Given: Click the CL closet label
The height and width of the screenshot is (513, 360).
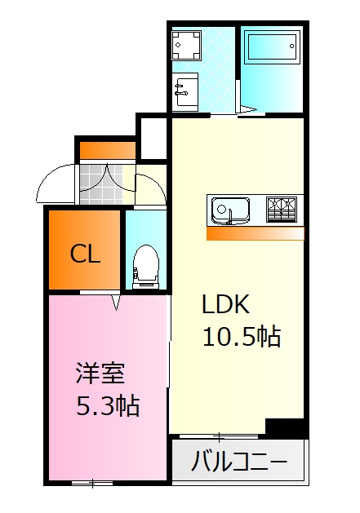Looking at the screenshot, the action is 85,254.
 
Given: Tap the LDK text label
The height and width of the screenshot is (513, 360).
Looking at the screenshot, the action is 225,304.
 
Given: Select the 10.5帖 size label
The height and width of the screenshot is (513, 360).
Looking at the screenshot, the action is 242,336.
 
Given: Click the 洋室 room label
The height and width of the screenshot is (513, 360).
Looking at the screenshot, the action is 100,373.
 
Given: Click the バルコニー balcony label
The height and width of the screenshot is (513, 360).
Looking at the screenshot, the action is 239,462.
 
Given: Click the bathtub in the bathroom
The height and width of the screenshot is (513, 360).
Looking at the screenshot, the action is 272,46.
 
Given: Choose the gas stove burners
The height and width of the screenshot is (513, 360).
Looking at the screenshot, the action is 282,210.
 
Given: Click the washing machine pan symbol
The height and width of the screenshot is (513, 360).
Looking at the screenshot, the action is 186,45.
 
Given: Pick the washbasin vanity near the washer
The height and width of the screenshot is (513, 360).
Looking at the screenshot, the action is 186,91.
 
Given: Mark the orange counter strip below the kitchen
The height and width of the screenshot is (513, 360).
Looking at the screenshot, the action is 256,233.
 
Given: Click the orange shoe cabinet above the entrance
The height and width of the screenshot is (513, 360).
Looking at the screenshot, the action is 108,151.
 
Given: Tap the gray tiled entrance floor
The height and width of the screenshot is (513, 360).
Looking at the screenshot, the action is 101,184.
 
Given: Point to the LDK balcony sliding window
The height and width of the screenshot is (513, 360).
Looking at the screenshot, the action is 219,436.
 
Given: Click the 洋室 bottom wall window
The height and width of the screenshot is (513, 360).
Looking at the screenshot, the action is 92,483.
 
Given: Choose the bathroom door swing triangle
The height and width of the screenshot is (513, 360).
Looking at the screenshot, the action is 247,109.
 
